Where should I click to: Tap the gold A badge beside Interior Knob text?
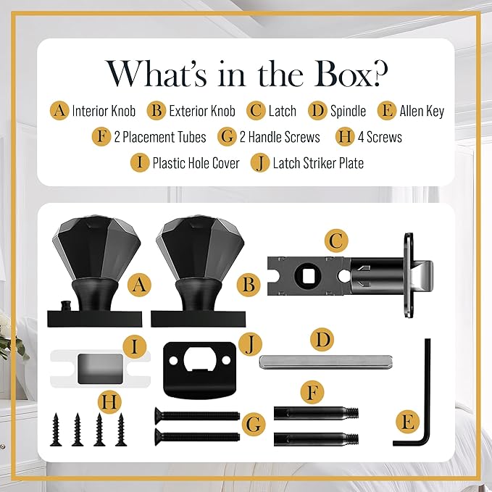(59, 110)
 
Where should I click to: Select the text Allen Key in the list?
(422, 111)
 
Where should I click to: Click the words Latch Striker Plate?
(318, 163)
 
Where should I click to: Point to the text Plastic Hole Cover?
(196, 163)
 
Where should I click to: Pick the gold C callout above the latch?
(336, 241)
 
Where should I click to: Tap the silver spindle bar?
(325, 362)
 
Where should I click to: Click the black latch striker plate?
(199, 370)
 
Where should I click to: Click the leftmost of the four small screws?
(56, 429)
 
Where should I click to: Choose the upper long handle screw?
(197, 416)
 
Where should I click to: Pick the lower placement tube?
(316, 438)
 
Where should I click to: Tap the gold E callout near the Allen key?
(407, 422)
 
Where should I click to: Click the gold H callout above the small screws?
(109, 401)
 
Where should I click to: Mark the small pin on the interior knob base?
(66, 305)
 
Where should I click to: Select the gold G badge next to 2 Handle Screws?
(227, 137)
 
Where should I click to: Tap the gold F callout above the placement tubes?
(312, 392)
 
